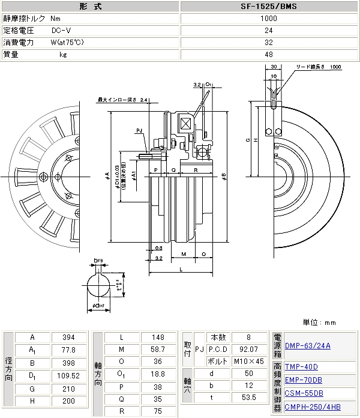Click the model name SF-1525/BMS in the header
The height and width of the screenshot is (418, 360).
pos(269,7)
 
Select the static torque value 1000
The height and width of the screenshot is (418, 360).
pos(269,19)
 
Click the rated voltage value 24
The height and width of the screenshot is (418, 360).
pos(269,31)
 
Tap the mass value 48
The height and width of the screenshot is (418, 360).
pos(269,55)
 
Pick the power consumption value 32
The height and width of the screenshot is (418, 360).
pos(269,43)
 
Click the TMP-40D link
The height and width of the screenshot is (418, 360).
pos(301,366)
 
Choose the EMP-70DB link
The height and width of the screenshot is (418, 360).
pos(304,380)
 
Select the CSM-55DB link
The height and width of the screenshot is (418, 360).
pos(304,393)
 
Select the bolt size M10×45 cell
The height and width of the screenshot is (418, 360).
pos(248,362)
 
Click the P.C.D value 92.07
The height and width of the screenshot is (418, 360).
pos(248,350)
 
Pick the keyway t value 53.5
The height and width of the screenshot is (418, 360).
pos(248,398)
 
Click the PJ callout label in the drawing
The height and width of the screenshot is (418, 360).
pos(139,130)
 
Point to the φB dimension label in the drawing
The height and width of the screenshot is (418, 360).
pos(223,177)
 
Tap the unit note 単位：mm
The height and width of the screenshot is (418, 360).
pos(319,322)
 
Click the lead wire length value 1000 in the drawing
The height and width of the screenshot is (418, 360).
pos(335,67)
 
